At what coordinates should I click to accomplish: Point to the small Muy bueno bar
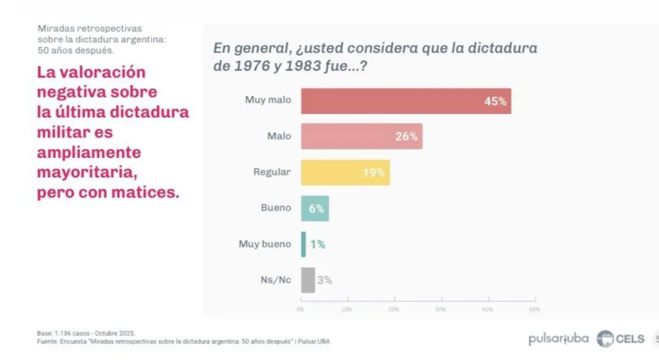303,244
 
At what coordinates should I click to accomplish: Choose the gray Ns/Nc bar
308,280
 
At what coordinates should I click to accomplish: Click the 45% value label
496,101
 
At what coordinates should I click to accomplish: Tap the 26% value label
407,137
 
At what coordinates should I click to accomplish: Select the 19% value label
374,173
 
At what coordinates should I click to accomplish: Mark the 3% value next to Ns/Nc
324,280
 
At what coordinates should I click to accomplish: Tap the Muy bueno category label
265,244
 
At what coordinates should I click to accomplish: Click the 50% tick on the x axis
534,310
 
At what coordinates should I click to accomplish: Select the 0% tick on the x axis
301,310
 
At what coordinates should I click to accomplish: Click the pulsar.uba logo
557,339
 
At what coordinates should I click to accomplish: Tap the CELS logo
620,339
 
